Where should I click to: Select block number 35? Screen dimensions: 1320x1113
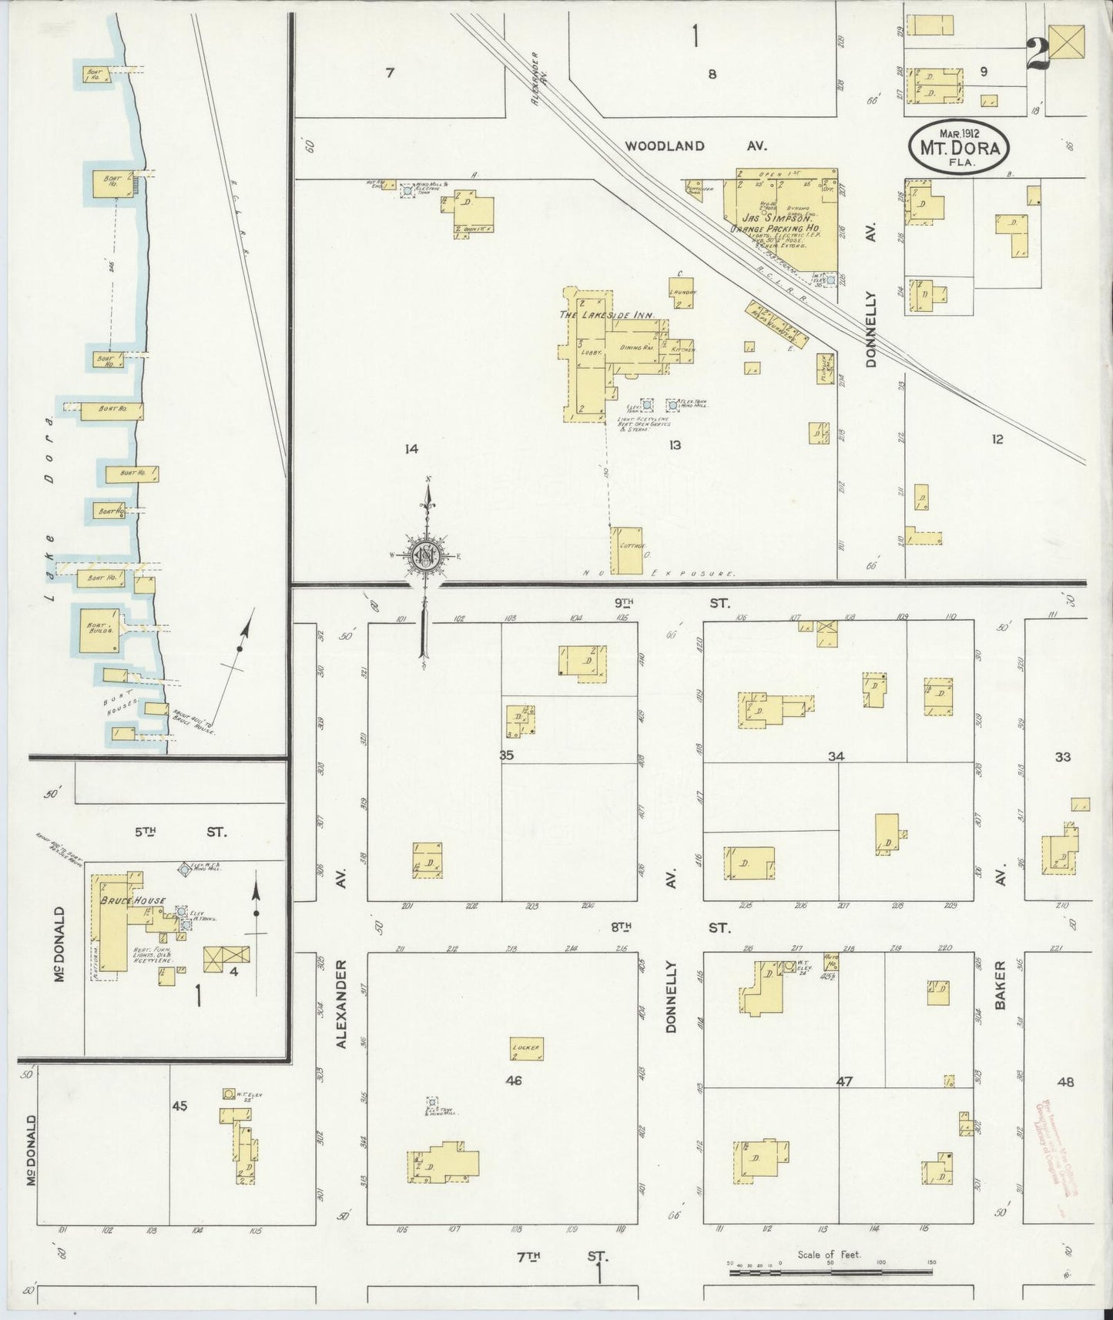(506, 755)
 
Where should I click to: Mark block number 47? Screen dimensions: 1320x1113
(845, 1081)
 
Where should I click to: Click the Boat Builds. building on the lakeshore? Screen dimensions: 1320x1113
(98, 629)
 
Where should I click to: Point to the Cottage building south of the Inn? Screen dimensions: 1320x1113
(626, 550)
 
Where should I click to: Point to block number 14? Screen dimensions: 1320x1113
(411, 448)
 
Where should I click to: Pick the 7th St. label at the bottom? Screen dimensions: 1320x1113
(561, 1257)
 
